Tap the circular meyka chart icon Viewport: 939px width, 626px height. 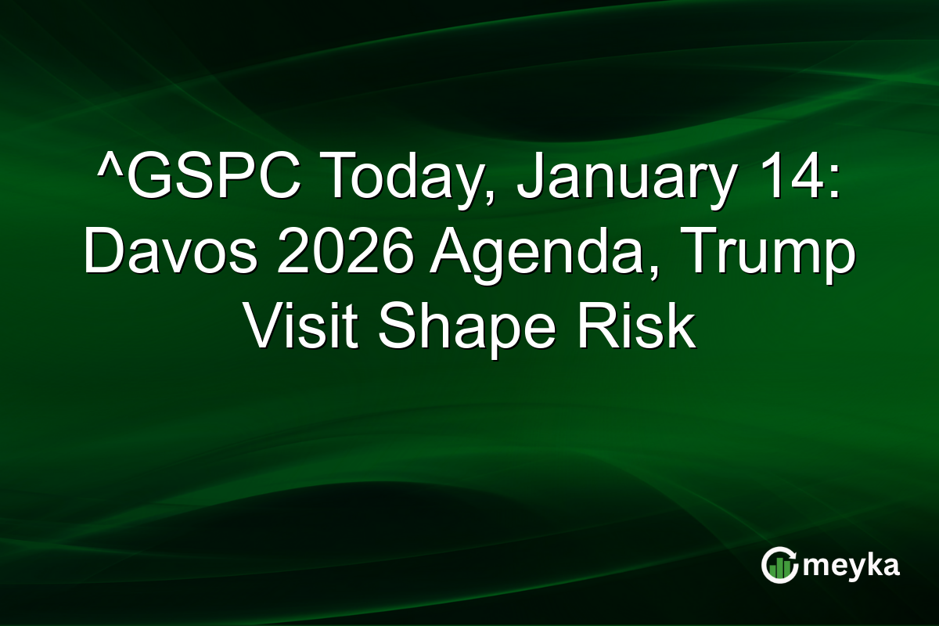779,566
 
